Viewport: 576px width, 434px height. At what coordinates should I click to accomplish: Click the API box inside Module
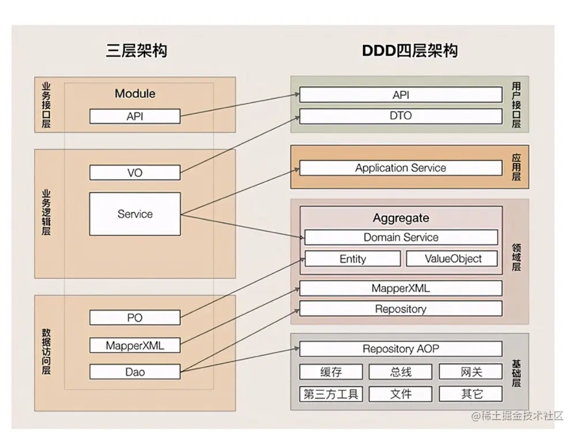coord(135,116)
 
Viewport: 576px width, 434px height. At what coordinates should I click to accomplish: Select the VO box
coord(135,173)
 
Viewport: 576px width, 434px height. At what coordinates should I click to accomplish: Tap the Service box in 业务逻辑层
coord(135,214)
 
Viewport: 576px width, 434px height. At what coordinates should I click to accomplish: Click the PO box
coord(135,317)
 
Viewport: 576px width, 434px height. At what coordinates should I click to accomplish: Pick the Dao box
coord(135,372)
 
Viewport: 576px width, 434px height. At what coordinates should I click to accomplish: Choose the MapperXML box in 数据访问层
coord(135,345)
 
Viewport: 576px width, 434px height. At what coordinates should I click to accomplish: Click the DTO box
coord(400,116)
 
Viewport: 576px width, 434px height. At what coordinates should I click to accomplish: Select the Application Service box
coord(400,168)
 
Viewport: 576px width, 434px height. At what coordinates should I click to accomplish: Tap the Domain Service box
coord(401,237)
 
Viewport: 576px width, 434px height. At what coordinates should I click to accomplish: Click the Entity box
coord(353,259)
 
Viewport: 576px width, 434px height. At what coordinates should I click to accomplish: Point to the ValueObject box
coord(453,259)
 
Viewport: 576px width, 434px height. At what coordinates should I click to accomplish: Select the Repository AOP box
coord(400,349)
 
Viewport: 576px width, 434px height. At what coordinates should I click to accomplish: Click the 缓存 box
coord(331,372)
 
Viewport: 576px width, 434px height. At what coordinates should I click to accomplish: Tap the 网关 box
coord(471,372)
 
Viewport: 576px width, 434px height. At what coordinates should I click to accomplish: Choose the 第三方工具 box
coord(331,394)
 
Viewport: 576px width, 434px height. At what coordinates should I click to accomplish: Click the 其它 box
coord(471,394)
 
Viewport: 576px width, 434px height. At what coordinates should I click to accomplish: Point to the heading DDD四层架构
coord(410,51)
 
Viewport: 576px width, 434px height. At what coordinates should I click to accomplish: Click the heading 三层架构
coord(137,51)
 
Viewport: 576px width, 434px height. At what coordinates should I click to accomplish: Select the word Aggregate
coord(401,218)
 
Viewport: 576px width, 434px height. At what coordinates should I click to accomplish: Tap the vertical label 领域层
coord(516,257)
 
